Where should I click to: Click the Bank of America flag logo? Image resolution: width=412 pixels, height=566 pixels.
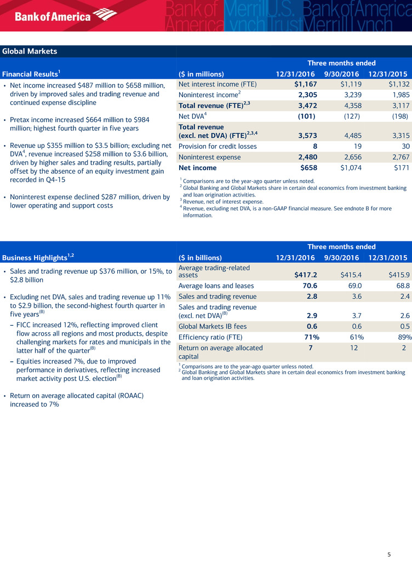(x=105, y=15)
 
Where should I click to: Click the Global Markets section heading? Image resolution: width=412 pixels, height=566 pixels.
(x=30, y=51)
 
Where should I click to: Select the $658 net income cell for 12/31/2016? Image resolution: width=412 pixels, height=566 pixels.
(x=306, y=168)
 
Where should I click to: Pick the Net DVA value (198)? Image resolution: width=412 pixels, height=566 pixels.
(x=397, y=116)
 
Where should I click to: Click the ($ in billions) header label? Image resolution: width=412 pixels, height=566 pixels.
(x=200, y=258)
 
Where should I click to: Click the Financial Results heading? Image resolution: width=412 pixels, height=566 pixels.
(x=31, y=74)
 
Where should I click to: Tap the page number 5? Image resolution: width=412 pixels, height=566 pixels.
(x=389, y=555)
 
